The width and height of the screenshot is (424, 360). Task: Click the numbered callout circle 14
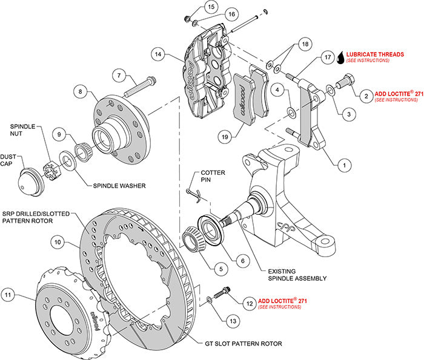point(158,54)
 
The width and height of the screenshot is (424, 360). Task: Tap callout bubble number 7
point(119,75)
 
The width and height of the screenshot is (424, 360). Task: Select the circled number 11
point(8,295)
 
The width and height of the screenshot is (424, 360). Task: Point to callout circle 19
point(225,137)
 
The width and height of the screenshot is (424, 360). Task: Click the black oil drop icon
point(341,58)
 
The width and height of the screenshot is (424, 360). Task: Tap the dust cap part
point(31,182)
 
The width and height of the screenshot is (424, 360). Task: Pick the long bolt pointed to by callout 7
point(140,87)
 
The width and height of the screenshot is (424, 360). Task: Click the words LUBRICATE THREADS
point(375,54)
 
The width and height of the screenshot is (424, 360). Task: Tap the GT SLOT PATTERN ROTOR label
point(243,344)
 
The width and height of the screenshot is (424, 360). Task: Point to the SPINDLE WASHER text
point(119,186)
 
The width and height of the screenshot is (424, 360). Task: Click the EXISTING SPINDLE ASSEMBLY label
point(297,275)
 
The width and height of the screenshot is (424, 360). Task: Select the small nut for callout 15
point(187,19)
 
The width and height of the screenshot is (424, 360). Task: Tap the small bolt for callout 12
point(222,292)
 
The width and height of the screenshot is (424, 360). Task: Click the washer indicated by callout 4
point(291,113)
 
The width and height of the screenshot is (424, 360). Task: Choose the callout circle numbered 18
point(305,44)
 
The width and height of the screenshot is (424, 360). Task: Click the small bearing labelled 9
point(84,152)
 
